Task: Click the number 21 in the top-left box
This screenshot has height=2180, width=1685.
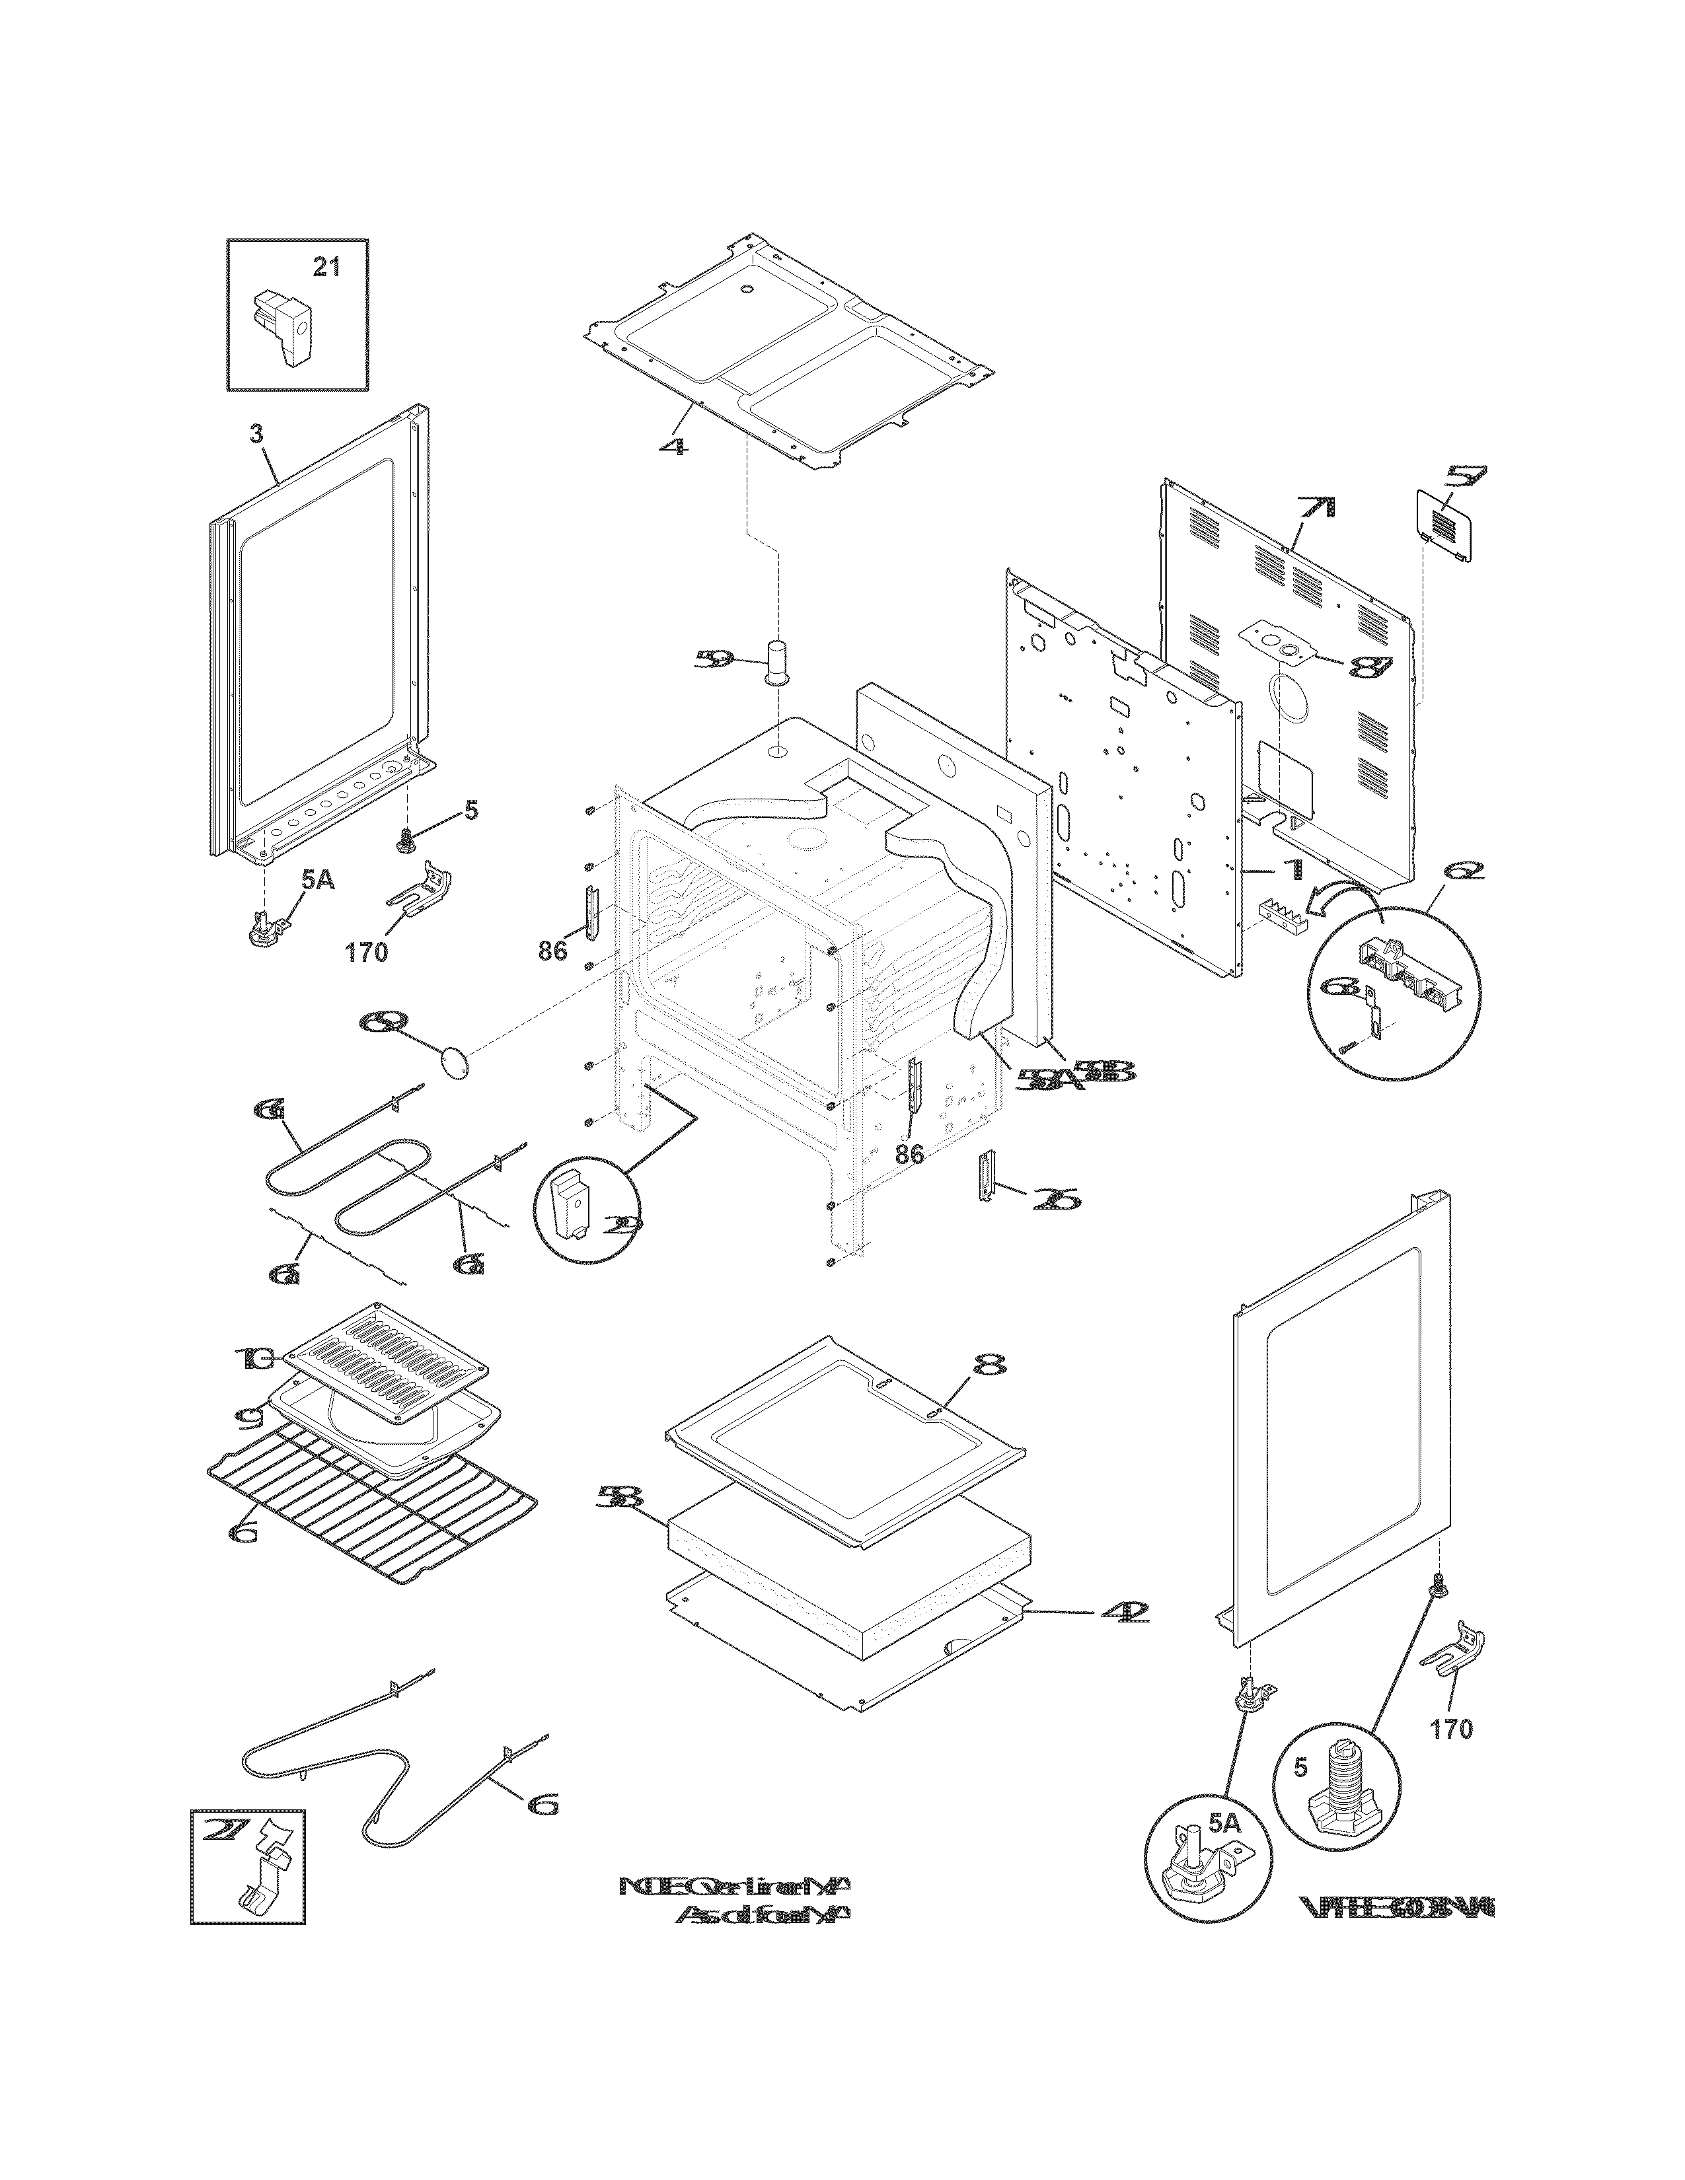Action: pos(326,268)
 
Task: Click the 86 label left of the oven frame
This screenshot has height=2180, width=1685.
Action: pos(552,951)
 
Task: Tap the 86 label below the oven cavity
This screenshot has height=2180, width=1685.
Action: pos(909,1154)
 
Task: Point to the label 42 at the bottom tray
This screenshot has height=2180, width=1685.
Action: pos(1122,1612)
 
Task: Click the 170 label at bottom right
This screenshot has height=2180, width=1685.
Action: pos(1452,1729)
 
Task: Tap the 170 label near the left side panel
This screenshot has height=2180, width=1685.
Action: pos(366,952)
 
